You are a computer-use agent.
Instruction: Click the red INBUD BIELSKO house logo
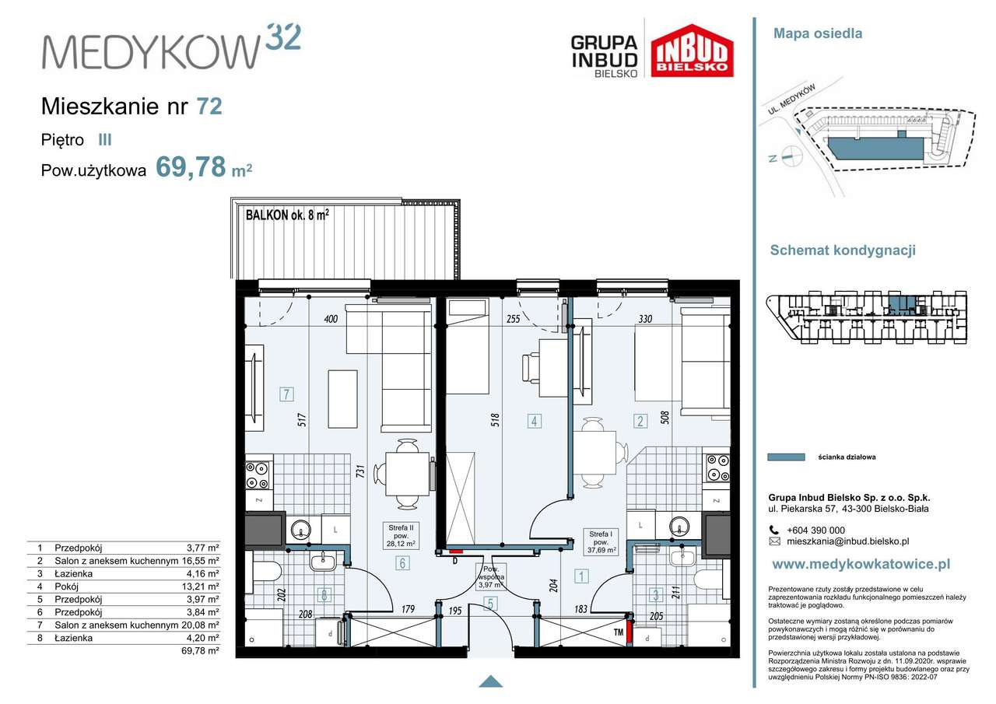click(x=692, y=51)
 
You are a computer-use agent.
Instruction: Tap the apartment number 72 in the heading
click(x=209, y=107)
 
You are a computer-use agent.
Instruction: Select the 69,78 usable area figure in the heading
click(x=191, y=167)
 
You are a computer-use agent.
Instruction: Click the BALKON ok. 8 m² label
click(x=287, y=215)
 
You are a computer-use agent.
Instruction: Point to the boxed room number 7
click(x=286, y=394)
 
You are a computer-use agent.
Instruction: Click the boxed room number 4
click(x=534, y=421)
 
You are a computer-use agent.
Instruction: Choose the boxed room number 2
click(x=640, y=421)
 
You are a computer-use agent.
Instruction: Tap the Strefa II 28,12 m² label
click(x=401, y=535)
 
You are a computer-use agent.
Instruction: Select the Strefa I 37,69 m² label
click(x=601, y=542)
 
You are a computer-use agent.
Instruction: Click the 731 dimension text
click(x=360, y=471)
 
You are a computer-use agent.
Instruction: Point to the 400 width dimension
click(x=331, y=319)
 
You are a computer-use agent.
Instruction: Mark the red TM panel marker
click(x=630, y=632)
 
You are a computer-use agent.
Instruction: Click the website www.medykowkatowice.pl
click(x=861, y=565)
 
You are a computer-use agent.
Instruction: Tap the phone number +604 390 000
click(x=815, y=531)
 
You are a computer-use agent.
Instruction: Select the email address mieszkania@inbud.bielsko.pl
click(x=847, y=541)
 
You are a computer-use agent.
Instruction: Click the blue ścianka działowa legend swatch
click(x=786, y=457)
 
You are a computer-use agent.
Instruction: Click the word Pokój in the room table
click(x=67, y=587)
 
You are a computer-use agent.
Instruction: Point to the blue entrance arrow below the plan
click(x=490, y=681)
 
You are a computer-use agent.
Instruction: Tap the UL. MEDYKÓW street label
click(x=791, y=100)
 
